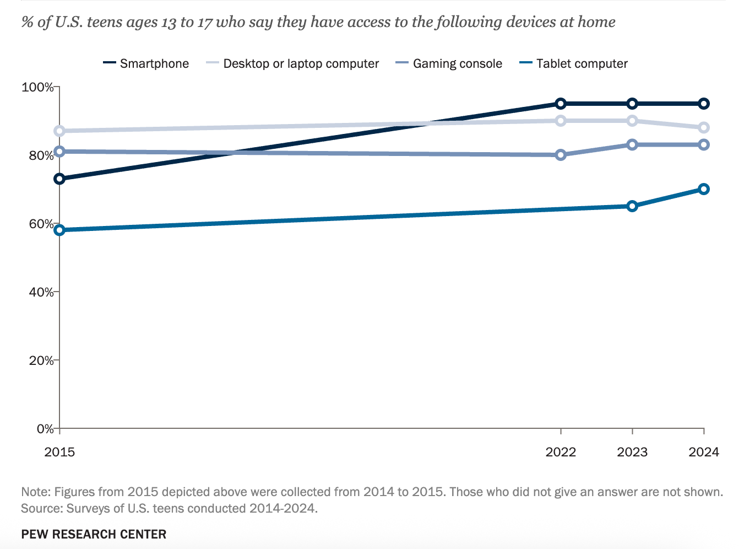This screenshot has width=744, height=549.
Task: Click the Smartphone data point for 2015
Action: (59, 179)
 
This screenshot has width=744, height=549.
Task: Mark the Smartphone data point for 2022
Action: (561, 104)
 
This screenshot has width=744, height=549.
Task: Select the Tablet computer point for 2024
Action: (703, 189)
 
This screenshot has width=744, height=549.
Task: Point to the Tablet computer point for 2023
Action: (632, 206)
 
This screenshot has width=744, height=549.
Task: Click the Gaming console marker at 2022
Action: (561, 155)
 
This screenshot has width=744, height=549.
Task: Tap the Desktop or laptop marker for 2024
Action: (703, 128)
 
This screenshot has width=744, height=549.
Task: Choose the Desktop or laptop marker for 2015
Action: (59, 131)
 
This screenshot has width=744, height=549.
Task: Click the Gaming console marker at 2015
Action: (59, 152)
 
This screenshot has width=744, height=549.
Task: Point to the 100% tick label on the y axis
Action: (37, 87)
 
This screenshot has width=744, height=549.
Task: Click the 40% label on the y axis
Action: (41, 292)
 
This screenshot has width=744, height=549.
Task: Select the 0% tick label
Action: (44, 429)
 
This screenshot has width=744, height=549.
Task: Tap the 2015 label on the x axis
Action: (59, 453)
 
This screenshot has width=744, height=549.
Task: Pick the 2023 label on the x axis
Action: (632, 453)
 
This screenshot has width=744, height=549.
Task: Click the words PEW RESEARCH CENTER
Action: (94, 534)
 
